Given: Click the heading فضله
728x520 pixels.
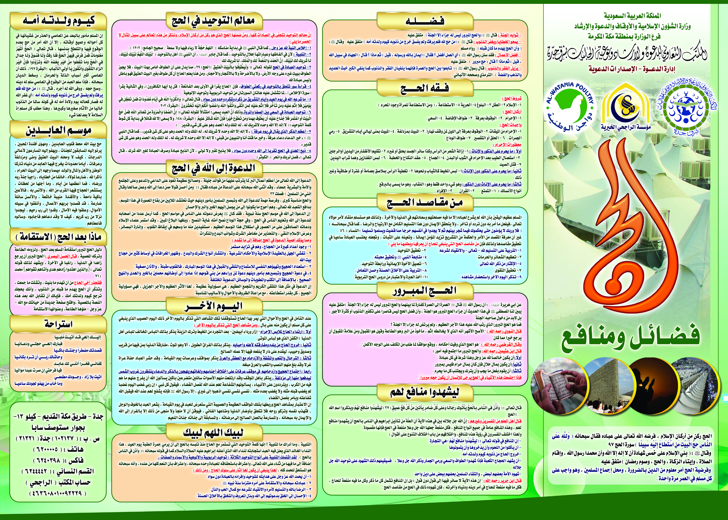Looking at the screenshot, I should pos(425,21).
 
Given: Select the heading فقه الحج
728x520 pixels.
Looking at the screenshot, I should pos(425,88).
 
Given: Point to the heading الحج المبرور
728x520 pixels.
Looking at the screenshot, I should pos(425,291).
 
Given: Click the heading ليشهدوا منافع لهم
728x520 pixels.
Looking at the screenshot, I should pos(425,392).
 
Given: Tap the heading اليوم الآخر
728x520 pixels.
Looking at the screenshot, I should pos(214,306).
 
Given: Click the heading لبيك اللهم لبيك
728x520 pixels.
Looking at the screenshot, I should pos(214,433).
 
